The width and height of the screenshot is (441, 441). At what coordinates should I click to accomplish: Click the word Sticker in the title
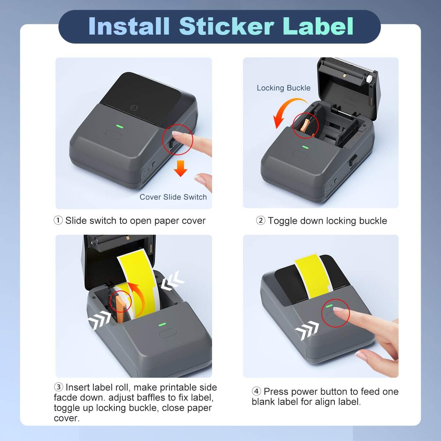[x=226, y=26]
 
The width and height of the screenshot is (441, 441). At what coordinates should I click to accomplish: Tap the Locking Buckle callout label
[x=283, y=88]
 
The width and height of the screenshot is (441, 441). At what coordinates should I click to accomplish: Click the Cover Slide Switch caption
[x=173, y=197]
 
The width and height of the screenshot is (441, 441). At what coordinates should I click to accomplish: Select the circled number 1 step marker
[x=58, y=220]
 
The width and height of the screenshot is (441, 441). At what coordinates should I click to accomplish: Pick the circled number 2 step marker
[x=260, y=220]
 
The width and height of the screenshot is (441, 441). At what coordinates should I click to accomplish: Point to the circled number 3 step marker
[x=58, y=387]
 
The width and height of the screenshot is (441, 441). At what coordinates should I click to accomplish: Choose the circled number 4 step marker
[x=256, y=391]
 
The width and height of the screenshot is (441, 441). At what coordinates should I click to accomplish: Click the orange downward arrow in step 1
[x=180, y=168]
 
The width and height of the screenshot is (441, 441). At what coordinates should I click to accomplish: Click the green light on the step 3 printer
[x=162, y=325]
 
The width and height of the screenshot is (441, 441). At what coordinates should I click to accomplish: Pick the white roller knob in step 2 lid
[x=367, y=79]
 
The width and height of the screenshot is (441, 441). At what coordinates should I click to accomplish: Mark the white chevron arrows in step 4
[x=307, y=330]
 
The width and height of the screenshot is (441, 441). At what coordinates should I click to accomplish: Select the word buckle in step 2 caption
[x=372, y=220]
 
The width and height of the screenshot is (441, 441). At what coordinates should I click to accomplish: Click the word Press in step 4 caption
[x=275, y=391]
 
